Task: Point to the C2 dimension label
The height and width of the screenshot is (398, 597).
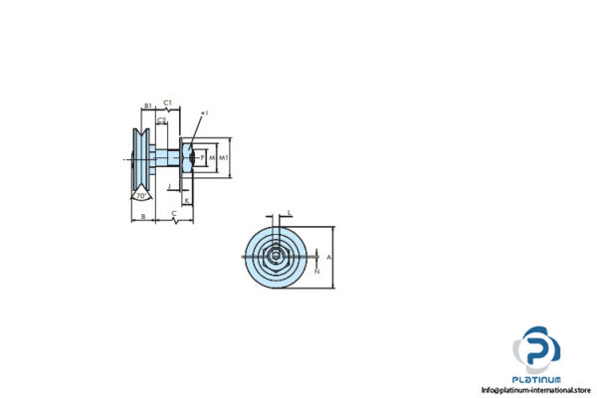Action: [x=161, y=120]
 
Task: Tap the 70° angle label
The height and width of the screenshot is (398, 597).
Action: [x=141, y=196]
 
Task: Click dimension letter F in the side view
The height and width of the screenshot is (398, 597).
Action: [x=202, y=157]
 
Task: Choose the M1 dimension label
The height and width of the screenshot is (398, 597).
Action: [x=224, y=157]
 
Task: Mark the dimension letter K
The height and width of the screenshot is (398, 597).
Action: [x=187, y=200]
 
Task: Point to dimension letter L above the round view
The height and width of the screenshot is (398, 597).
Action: [x=289, y=212]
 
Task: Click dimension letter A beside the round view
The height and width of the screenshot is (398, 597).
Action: [x=329, y=256]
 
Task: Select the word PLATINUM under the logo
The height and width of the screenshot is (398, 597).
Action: [x=536, y=379]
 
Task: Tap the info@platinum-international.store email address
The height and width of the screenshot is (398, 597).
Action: [x=536, y=390]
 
